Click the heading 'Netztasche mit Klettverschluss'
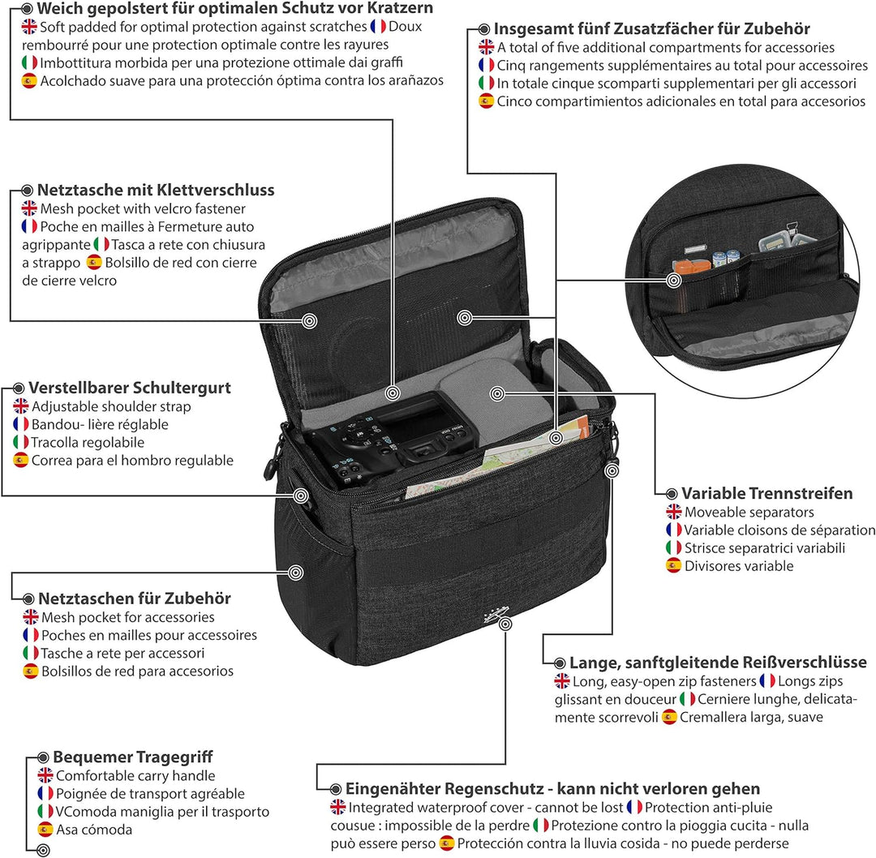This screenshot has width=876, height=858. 156,190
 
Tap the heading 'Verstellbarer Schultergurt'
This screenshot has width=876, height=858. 130,388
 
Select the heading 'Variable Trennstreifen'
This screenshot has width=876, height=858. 767,493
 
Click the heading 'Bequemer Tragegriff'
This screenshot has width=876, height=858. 133,757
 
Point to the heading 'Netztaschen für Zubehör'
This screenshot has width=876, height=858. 135,598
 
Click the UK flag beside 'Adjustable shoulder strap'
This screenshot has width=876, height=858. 21,406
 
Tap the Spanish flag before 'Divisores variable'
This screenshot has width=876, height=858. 674,565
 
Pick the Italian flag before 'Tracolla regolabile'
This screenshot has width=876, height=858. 21,442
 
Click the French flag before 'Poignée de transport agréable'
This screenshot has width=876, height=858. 45,793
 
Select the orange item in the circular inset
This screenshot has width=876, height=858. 691,266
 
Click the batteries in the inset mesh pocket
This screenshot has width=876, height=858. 726,258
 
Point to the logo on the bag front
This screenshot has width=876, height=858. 496,615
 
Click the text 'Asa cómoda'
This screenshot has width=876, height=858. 94,830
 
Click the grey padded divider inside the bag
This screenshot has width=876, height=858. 495,391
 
